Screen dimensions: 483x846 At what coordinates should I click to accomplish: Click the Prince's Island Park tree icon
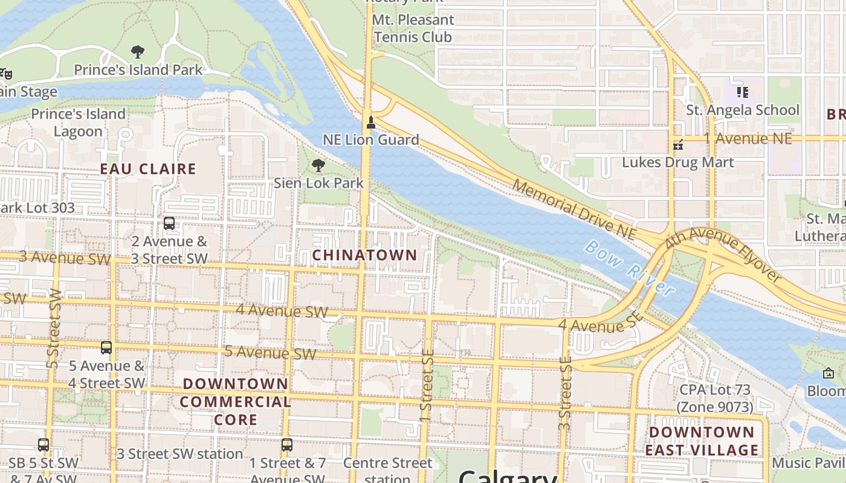pyautogui.click(x=138, y=52)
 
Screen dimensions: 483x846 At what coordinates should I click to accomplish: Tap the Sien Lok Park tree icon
pyautogui.click(x=318, y=165)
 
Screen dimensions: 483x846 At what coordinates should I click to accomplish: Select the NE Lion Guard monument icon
pyautogui.click(x=371, y=123)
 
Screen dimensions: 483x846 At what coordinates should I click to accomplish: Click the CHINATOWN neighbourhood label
pyautogui.click(x=364, y=255)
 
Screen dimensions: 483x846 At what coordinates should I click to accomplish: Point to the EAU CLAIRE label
pyautogui.click(x=148, y=169)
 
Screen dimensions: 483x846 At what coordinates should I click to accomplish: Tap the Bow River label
pyautogui.click(x=630, y=269)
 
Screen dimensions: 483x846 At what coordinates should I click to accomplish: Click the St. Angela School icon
pyautogui.click(x=743, y=92)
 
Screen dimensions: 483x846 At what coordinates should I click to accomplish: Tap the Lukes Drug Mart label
pyautogui.click(x=678, y=162)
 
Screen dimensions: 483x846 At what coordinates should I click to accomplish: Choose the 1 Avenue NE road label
pyautogui.click(x=749, y=138)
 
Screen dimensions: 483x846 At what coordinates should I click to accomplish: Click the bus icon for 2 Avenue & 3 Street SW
pyautogui.click(x=169, y=223)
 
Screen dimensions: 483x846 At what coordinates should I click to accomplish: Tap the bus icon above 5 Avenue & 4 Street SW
pyautogui.click(x=106, y=348)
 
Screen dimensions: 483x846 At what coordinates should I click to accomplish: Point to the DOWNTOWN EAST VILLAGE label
pyautogui.click(x=702, y=441)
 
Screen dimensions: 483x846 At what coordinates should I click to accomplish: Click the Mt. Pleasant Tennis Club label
pyautogui.click(x=413, y=28)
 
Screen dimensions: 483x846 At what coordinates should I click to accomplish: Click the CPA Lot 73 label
pyautogui.click(x=715, y=398)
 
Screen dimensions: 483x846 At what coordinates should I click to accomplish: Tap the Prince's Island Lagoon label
pyautogui.click(x=78, y=123)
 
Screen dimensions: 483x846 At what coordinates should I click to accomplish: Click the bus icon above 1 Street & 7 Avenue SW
pyautogui.click(x=287, y=445)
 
